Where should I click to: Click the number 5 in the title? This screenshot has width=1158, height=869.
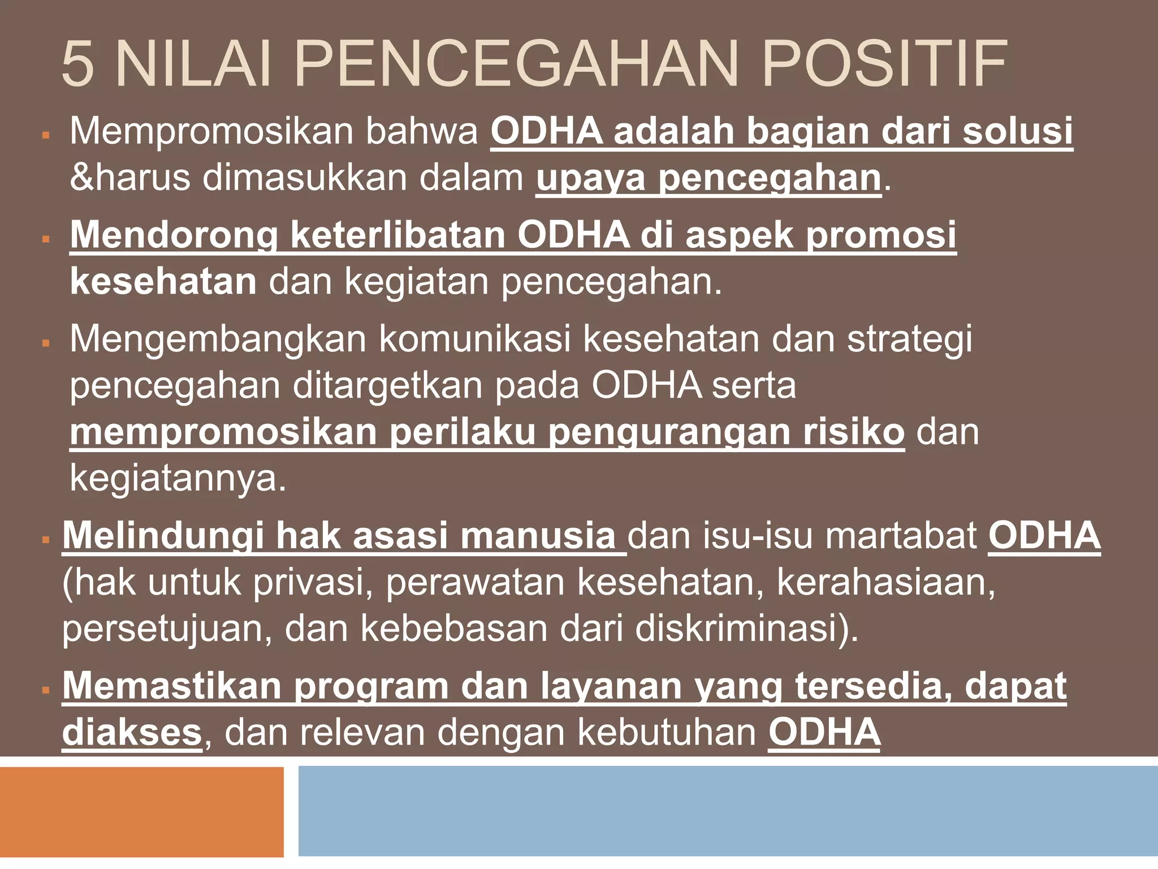click(77, 63)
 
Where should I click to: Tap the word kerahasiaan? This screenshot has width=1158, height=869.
click(885, 583)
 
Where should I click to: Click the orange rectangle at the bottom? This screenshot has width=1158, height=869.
click(141, 811)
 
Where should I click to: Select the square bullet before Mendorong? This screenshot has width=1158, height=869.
click(46, 239)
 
